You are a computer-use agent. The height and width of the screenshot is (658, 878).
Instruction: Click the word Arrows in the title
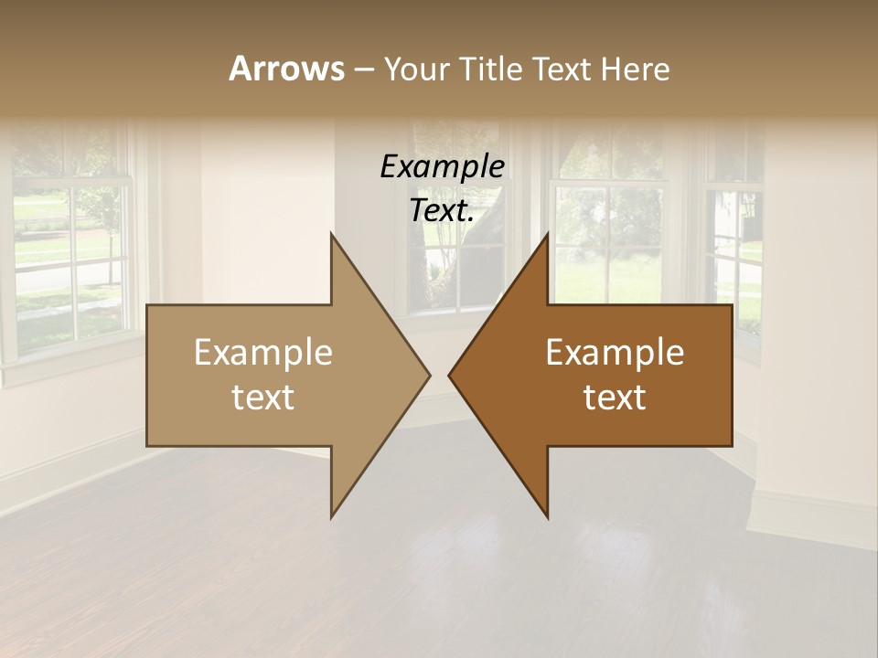point(285,69)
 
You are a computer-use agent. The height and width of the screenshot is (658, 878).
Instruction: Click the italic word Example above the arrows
point(442,166)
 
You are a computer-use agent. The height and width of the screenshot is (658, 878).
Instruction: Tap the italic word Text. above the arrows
point(442,210)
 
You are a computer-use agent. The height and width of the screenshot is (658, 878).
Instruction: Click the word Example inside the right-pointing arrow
point(263,352)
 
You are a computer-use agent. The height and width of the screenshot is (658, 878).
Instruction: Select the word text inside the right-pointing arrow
point(263,398)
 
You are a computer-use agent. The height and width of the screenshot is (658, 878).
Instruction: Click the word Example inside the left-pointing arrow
point(615,352)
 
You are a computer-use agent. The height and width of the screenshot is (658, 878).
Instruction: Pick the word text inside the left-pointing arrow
point(615,398)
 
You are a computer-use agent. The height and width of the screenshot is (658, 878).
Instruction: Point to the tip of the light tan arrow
point(429,375)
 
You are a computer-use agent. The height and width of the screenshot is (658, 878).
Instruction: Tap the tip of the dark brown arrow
point(449,375)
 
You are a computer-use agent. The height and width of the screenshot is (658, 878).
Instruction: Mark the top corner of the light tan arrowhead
point(331,234)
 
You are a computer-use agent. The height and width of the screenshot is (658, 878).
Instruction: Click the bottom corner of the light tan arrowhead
point(331,516)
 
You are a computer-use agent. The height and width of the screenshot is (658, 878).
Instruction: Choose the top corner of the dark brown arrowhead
point(548,234)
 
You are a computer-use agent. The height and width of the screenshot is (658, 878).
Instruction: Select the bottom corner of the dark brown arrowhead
point(548,516)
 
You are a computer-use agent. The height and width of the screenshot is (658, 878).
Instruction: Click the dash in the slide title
point(362,69)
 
